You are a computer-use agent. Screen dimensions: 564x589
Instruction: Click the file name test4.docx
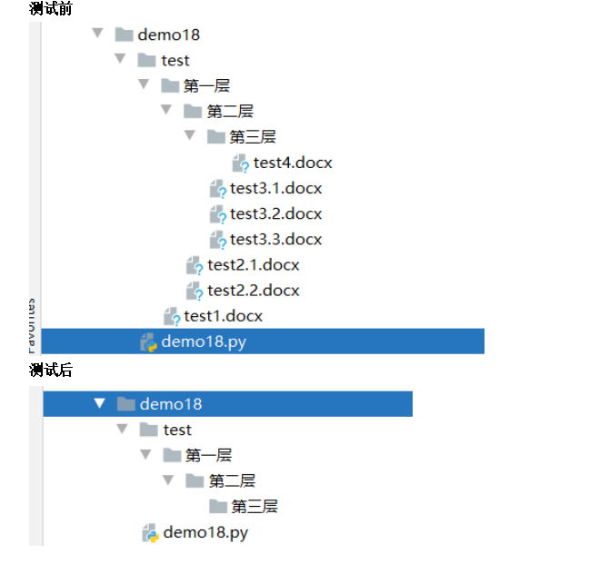[x=293, y=163]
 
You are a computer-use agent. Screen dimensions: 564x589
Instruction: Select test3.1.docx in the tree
[x=275, y=189]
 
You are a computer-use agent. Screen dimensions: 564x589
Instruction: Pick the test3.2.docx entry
[x=275, y=214]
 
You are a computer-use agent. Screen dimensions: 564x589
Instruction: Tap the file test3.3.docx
[x=275, y=240]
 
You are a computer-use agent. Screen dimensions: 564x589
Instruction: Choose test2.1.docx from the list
[x=253, y=265]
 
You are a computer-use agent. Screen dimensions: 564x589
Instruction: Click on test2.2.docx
[x=253, y=291]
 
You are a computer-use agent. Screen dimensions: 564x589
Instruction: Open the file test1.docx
[x=223, y=316]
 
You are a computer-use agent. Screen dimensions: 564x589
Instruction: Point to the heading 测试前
[x=51, y=9]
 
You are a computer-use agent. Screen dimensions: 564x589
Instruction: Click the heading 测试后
[x=51, y=370]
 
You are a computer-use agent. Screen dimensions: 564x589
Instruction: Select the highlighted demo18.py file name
[x=204, y=341]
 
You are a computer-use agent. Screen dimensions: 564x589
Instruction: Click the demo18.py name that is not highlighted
[x=205, y=533]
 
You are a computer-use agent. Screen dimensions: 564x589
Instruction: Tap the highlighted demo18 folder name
[x=171, y=404]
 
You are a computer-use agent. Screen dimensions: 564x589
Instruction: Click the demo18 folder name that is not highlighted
[x=169, y=35]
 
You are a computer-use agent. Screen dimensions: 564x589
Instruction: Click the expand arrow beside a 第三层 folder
[x=190, y=136]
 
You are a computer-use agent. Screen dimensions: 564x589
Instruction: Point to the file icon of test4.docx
[x=240, y=163]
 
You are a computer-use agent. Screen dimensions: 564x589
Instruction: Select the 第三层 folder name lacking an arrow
[x=254, y=507]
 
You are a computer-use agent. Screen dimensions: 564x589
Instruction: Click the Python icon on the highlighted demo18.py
[x=148, y=342]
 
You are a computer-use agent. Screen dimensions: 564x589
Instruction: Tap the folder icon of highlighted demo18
[x=126, y=404]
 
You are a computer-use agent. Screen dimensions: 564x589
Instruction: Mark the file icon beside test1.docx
[x=171, y=316]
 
